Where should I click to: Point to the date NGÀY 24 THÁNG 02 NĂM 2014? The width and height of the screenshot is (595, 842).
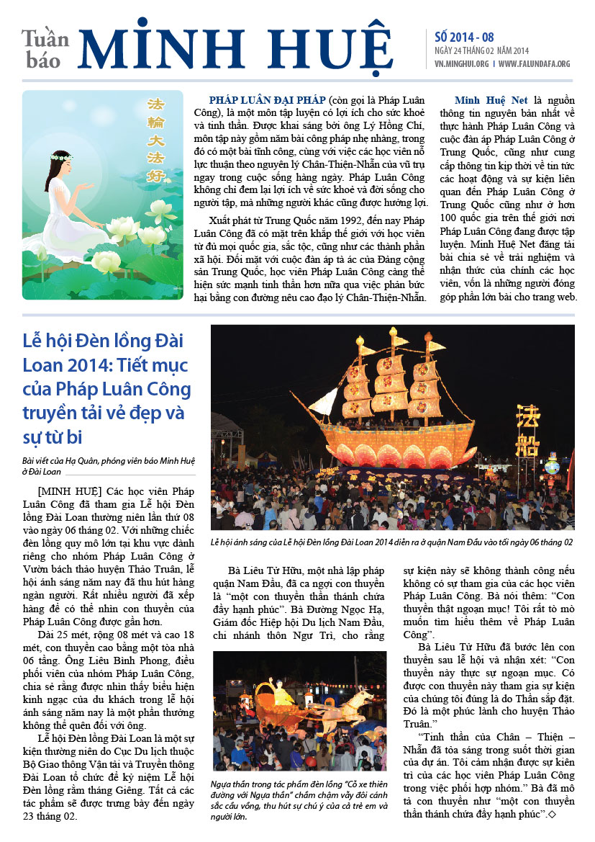click(x=481, y=51)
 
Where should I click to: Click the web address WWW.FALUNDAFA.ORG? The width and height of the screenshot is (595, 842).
click(x=534, y=63)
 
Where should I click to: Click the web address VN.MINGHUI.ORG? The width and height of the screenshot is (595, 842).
click(x=462, y=63)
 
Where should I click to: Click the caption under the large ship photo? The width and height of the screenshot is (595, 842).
click(x=392, y=542)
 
